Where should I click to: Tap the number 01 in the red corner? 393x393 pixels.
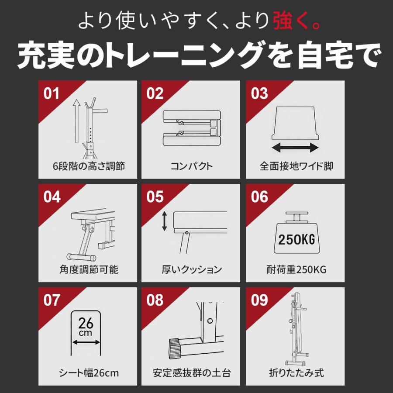52,93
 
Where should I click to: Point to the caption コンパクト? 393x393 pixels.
192,166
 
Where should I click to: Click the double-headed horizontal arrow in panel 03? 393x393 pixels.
295,148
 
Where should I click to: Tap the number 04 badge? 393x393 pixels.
52,197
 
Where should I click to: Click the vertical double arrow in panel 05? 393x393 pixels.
165,222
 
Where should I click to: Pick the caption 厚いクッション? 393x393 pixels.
192,269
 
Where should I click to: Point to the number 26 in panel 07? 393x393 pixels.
86,324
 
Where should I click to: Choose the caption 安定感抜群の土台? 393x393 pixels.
192,373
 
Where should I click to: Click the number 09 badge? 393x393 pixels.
260,300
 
